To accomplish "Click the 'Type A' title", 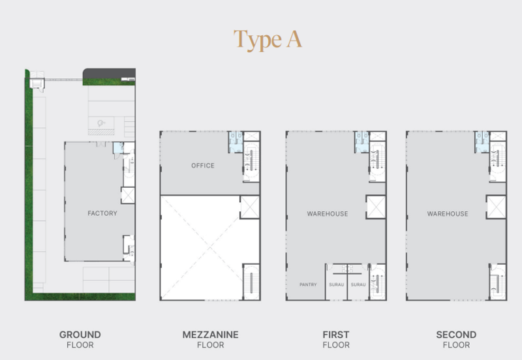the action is coord(268,40).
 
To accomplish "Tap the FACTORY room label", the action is coord(102,213).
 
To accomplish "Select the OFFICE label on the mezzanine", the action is coord(203,166).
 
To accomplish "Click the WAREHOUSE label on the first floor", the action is coord(328,214).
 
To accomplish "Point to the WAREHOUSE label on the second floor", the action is coord(448,214).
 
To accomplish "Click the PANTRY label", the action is coord(308,284).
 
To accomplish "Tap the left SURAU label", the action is coord(336,284).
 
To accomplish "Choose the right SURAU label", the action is coord(358,284).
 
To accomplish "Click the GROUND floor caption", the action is coord(80,339).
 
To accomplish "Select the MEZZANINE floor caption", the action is coord(210,339).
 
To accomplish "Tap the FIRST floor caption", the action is coord(336,339).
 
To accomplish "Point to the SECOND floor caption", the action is coord(456,339).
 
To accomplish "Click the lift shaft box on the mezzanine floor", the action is coord(250,207).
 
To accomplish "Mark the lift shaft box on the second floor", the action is coord(496,207).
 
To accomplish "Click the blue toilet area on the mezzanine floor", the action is coord(236,142).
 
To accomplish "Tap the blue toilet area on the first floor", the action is coord(362,142).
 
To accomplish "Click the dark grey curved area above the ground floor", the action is coord(109,74).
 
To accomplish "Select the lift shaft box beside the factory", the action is coord(128,195).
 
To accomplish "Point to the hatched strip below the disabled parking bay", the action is coord(101,132).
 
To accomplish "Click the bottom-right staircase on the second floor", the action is coord(498,282).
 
